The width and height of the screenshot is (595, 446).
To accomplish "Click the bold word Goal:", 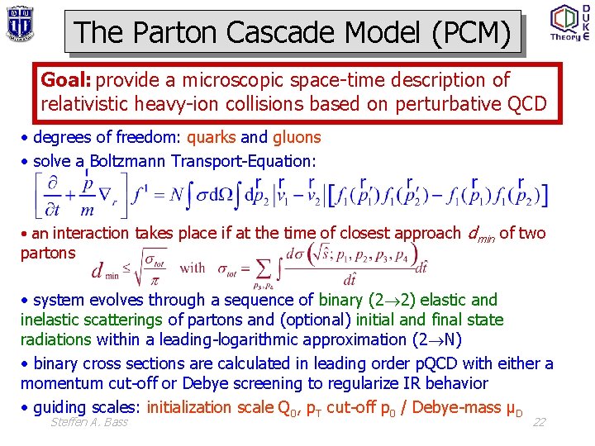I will coord(67,80).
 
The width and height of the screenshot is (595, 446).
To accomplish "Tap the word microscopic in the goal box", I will coord(220,80).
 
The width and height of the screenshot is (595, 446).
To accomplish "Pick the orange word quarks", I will coord(212,137).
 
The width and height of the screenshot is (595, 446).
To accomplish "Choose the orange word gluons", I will coord(296,137).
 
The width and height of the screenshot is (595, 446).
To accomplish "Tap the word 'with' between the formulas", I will coord(192,267).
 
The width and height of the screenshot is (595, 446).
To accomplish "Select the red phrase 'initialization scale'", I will coord(220,406).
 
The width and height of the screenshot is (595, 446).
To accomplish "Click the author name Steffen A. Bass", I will coord(89,423).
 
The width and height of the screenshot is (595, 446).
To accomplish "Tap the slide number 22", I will coord(539,422).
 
